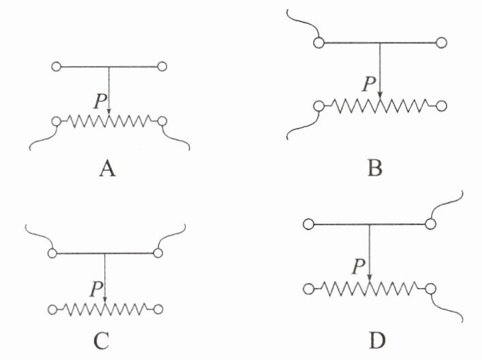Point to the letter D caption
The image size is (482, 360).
pos(369,338)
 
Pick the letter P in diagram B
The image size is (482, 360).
pos(369,84)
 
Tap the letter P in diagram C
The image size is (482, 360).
pos(95,291)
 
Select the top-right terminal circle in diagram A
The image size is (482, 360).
pos(162,67)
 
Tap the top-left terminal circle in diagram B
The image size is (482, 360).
pos(317,44)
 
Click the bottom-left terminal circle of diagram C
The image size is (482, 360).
pos(52,309)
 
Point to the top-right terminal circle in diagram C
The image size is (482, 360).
pos(158,253)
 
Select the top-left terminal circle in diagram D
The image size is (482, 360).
pos(308,223)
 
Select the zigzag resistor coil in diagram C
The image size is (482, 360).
pos(105,309)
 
